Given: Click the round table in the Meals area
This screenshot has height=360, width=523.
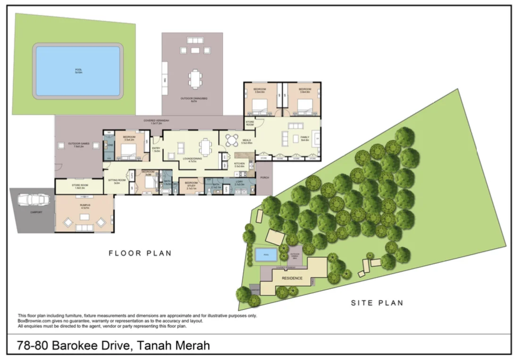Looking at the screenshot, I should (x=232, y=140).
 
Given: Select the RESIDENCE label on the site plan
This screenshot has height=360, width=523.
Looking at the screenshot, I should (x=292, y=278).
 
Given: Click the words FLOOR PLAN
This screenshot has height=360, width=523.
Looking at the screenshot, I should (x=140, y=253).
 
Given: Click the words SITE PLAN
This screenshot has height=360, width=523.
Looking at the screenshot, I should (x=377, y=303).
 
